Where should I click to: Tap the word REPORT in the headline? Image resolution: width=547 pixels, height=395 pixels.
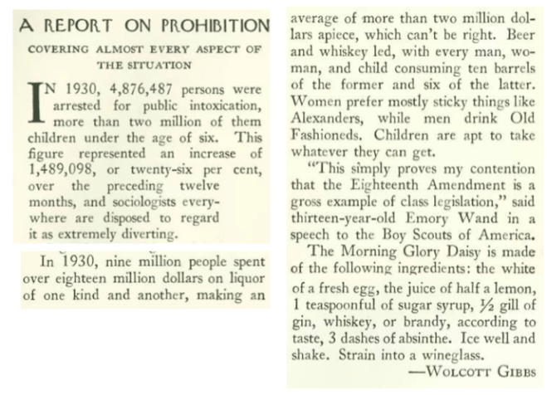click(84, 25)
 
